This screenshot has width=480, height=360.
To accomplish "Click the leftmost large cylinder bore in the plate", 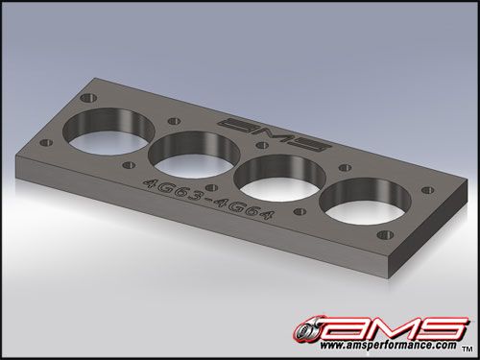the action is (x=108, y=132).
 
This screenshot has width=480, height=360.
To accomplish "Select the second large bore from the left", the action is (x=194, y=155).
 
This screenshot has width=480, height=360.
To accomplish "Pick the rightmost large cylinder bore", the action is (x=366, y=202).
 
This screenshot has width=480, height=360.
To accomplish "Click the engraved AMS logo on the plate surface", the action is (x=274, y=134).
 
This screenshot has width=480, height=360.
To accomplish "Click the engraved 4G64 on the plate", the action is (x=246, y=211).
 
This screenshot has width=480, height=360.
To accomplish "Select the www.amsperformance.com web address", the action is (x=388, y=346).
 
